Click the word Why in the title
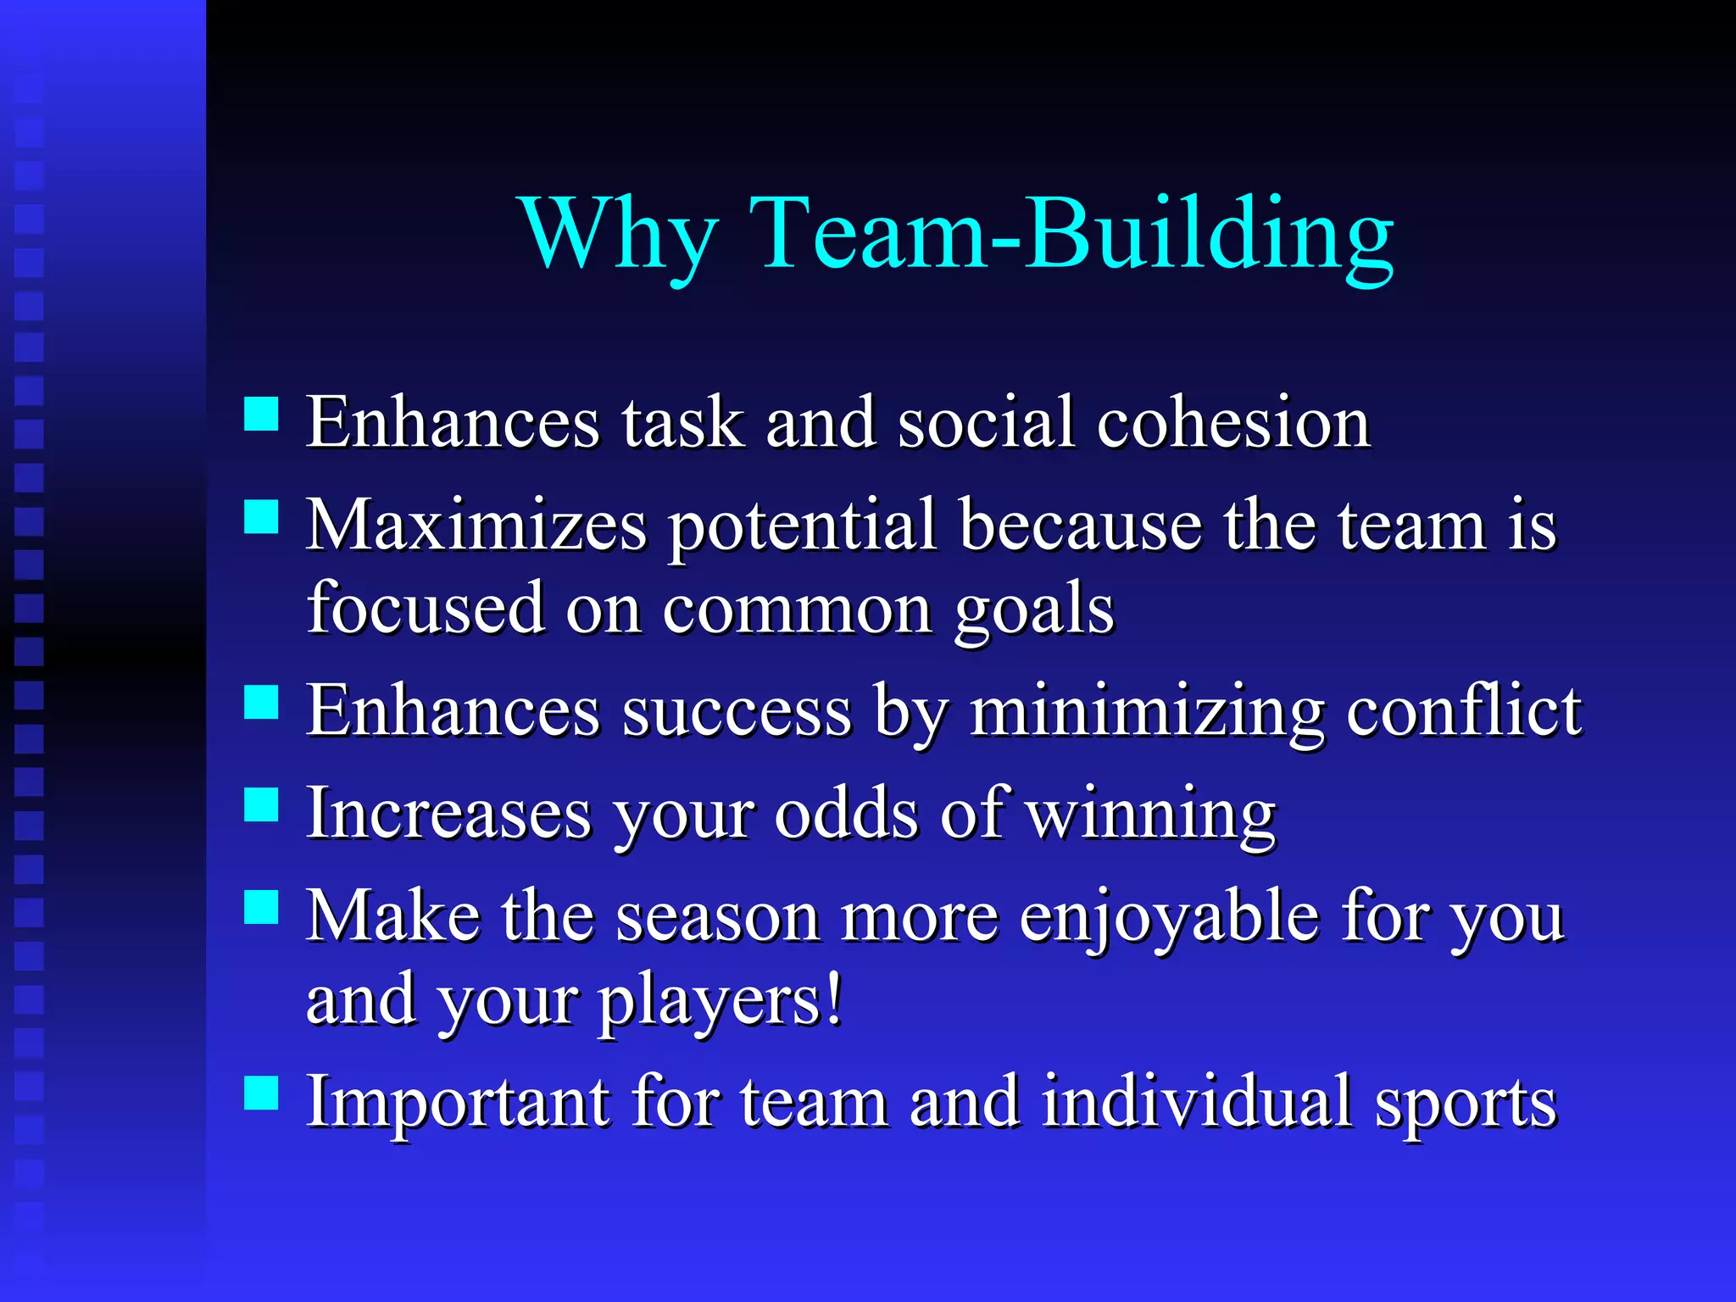tap(620, 233)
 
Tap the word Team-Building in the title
tap(1071, 233)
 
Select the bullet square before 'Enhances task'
tap(261, 415)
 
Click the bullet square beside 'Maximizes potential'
tap(261, 516)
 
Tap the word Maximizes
tap(476, 525)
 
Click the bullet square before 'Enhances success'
tap(261, 702)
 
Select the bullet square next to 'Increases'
tap(261, 804)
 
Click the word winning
tap(1150, 814)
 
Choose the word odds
tap(846, 813)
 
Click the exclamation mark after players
tap(835, 999)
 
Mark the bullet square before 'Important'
tap(261, 1093)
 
